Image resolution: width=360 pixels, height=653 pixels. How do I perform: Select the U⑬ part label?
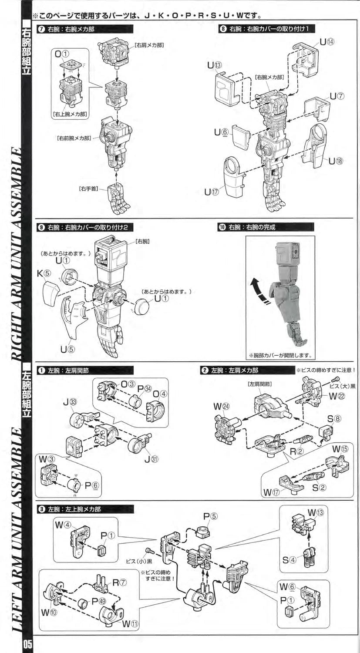[x=214, y=65]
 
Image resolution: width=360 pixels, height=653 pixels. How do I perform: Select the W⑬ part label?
[x=316, y=512]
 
